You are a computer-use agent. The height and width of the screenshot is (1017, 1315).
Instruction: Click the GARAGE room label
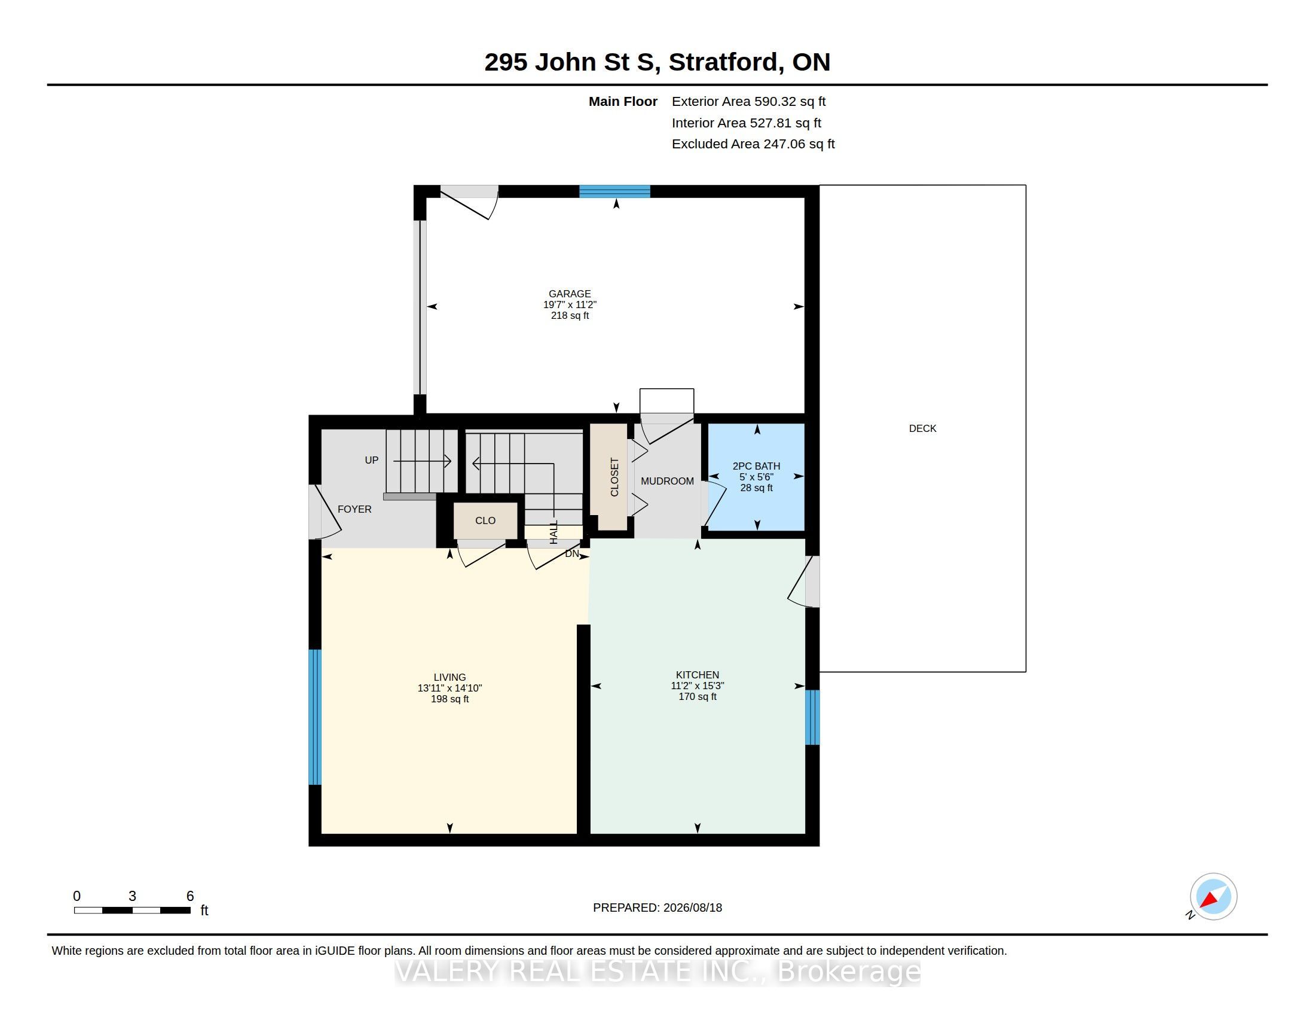pos(570,294)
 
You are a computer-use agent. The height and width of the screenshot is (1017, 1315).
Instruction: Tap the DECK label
pos(922,428)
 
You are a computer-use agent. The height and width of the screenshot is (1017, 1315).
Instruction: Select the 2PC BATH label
pos(756,465)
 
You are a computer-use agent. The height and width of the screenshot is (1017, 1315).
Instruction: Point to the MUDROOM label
pos(667,481)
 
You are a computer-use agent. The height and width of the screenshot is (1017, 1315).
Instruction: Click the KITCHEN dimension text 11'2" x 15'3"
pos(697,686)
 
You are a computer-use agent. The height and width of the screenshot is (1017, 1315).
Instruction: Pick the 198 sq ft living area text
pos(449,699)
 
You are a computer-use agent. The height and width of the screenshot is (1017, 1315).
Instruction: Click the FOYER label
pos(354,509)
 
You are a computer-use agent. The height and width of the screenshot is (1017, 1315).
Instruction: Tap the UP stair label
pos(372,460)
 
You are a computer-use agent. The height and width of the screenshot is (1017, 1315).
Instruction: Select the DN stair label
pos(572,553)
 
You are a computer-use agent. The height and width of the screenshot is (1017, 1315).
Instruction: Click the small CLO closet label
pos(485,520)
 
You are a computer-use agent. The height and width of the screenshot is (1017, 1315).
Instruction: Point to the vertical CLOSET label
pos(614,477)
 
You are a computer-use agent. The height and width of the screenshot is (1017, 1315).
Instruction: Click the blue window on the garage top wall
pos(614,191)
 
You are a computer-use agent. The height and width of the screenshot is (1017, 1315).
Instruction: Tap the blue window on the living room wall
pos(315,717)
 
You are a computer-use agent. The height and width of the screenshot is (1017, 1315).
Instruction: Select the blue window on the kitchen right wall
pos(812,717)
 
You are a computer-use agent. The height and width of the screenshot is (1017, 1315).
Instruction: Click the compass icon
pos(1213,896)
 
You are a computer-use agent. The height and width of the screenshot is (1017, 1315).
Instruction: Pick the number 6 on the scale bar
pos(190,896)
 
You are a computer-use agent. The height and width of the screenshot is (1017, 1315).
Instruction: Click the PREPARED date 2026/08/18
pos(692,908)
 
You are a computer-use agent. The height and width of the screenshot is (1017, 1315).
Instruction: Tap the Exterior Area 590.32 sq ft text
pos(748,101)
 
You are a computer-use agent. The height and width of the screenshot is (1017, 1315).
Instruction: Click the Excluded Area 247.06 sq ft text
pos(753,144)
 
